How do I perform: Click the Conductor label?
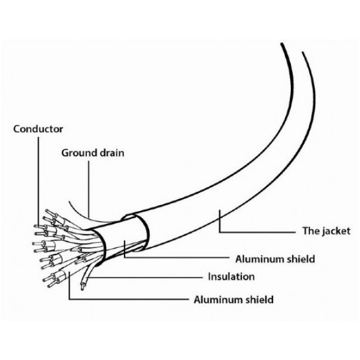click(x=38, y=129)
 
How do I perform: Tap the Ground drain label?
click(x=93, y=153)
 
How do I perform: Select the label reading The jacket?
click(x=326, y=231)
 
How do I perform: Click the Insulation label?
click(x=231, y=277)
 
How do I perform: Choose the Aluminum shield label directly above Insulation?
click(x=275, y=259)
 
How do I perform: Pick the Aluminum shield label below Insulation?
click(x=234, y=300)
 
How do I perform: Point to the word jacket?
click(x=336, y=231)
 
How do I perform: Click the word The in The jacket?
click(x=310, y=231)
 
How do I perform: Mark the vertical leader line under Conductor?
click(x=38, y=181)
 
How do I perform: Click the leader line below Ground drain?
click(x=89, y=189)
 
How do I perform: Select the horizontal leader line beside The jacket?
click(x=257, y=232)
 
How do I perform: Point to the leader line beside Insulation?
click(x=145, y=277)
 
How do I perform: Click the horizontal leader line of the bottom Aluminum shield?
click(x=129, y=299)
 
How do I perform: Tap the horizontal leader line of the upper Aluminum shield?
click(x=176, y=257)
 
